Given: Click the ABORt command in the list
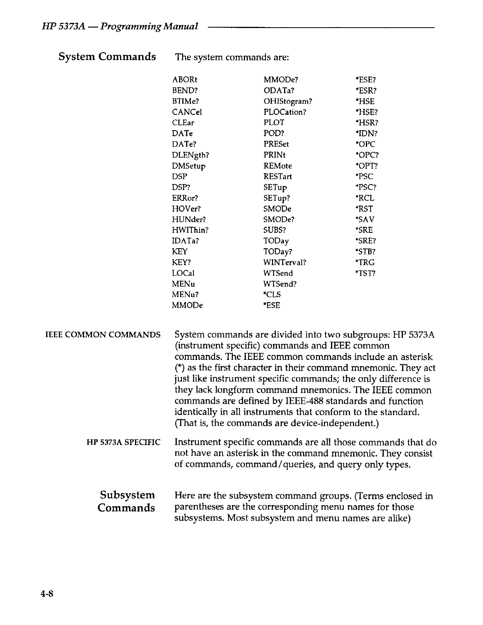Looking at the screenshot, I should pos(185,80).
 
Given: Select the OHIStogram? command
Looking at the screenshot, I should pos(288,101).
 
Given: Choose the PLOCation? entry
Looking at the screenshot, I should pos(285,112).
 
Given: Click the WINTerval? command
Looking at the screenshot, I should pos(285,262).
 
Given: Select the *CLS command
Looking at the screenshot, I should pos(272,294).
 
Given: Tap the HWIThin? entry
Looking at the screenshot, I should pos(190,230).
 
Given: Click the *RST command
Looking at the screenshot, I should pos(364,209).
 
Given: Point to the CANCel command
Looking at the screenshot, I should pos(187,112).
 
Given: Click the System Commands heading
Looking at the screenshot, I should pos(107,57).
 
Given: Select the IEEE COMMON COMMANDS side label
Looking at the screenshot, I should pos(103,335).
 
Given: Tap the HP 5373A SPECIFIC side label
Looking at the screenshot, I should pos(123,442).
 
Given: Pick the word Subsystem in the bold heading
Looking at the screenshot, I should pos(127,495).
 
